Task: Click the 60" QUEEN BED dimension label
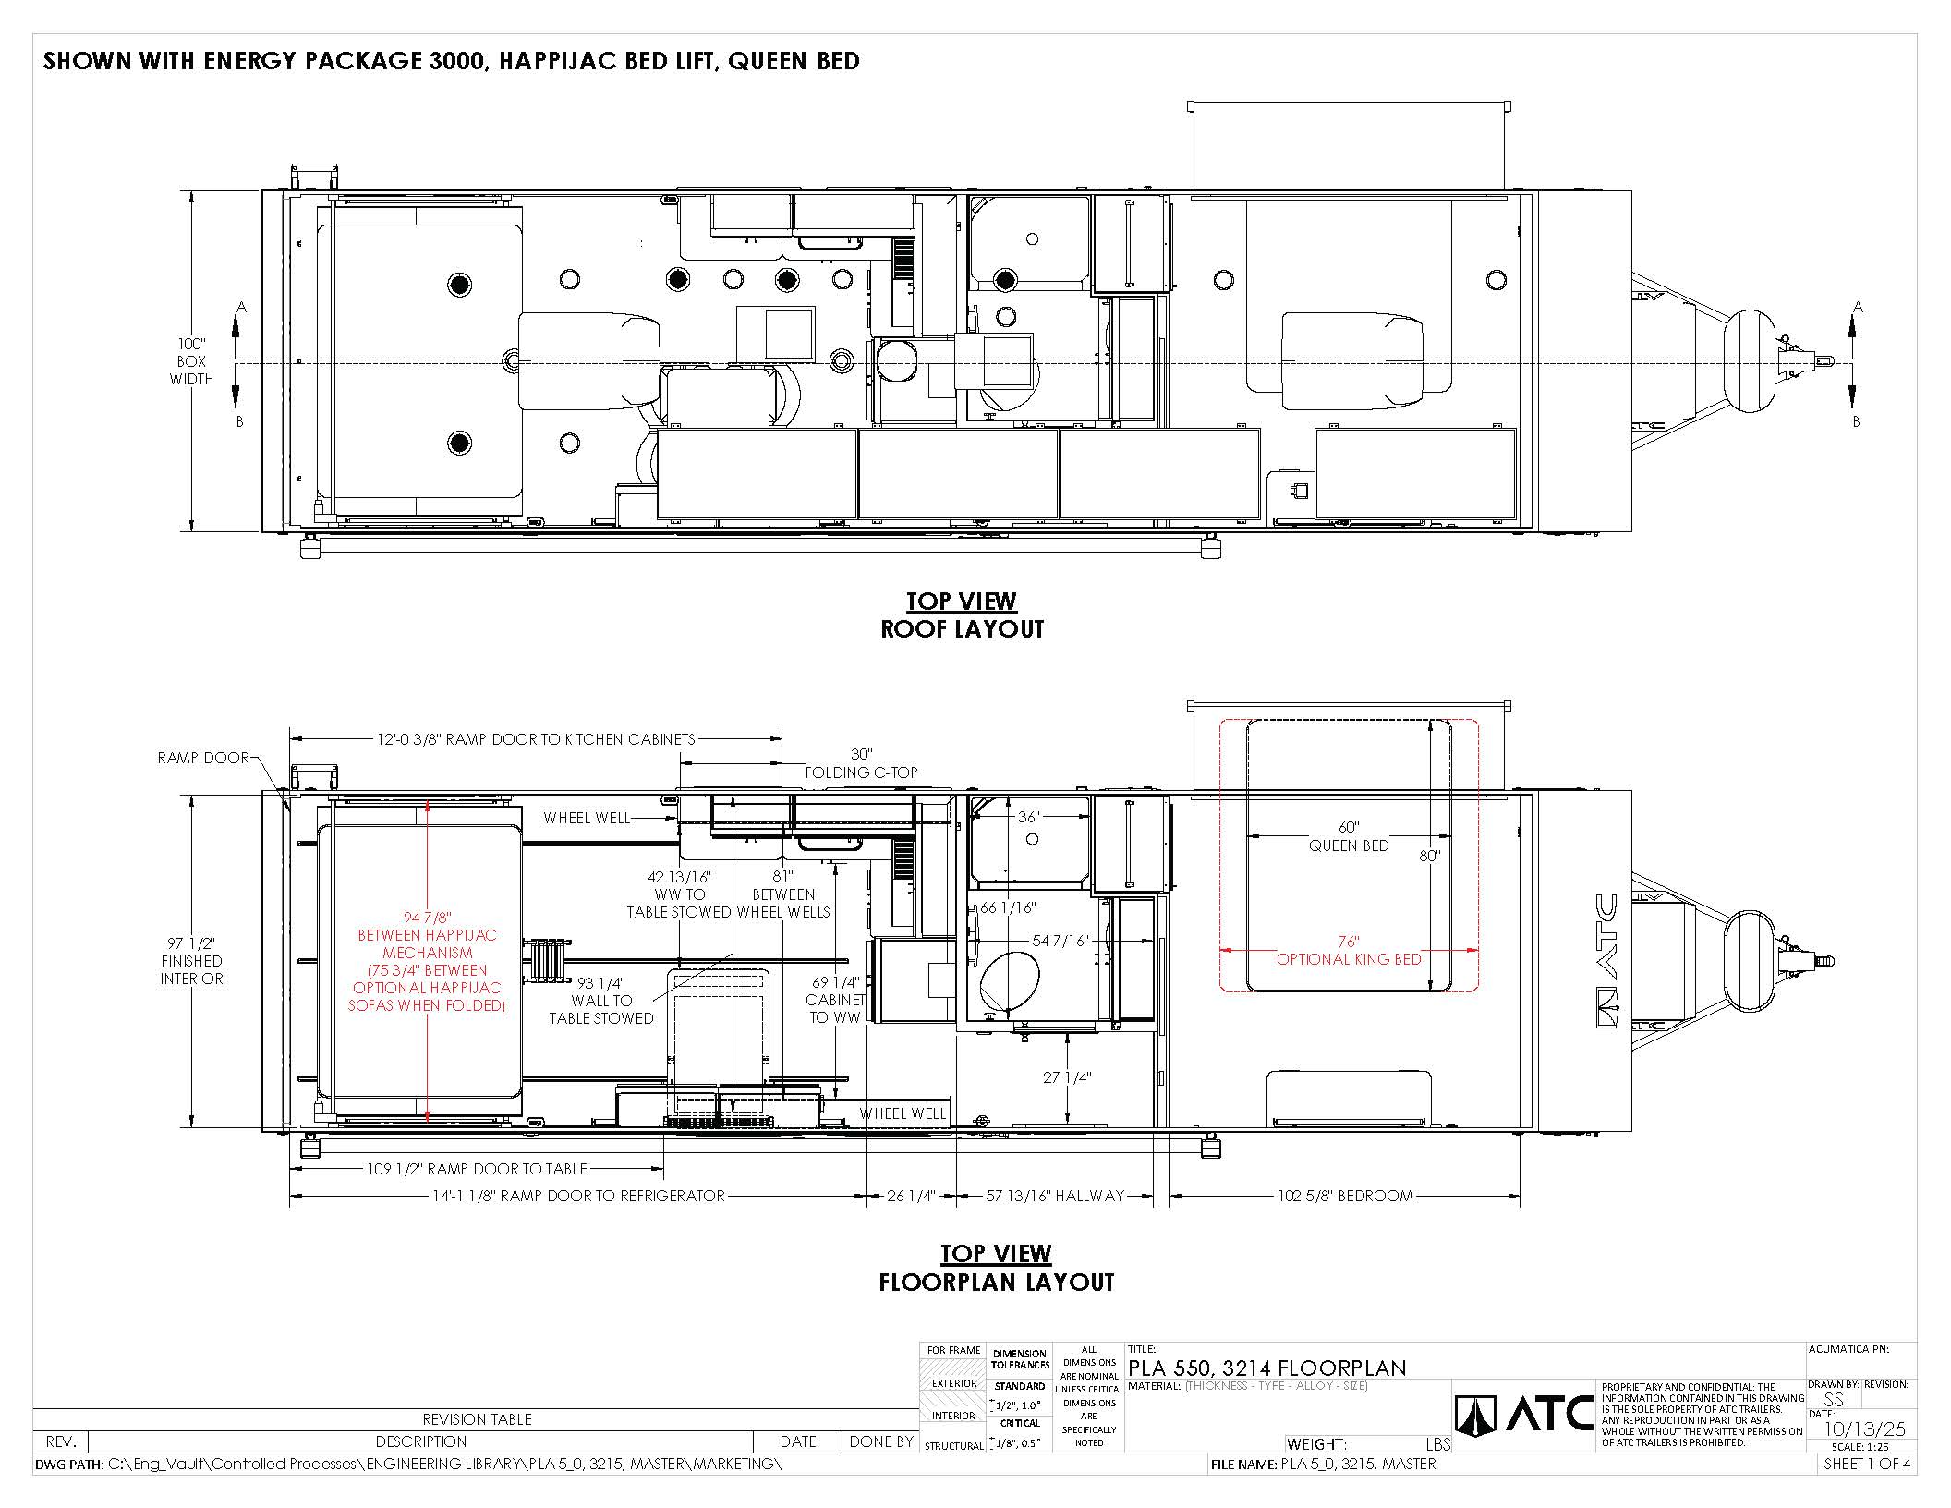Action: point(1349,836)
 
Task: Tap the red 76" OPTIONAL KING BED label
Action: point(1349,950)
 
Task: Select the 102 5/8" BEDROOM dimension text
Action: point(1345,1196)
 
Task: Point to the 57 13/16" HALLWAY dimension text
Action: point(1055,1196)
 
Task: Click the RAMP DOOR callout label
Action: point(203,758)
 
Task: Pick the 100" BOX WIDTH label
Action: point(191,361)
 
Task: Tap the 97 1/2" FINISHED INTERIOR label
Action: point(191,961)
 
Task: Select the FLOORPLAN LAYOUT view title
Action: point(997,1283)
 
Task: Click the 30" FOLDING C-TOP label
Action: point(861,763)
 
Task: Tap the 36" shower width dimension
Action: point(1028,817)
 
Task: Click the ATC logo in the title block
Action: point(1524,1415)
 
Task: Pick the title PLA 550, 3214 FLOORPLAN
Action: point(1267,1368)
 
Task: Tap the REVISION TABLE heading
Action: point(477,1419)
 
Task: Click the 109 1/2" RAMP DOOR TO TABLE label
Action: point(477,1169)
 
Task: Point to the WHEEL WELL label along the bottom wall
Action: point(903,1113)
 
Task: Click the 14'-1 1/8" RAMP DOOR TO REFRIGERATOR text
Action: point(578,1196)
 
